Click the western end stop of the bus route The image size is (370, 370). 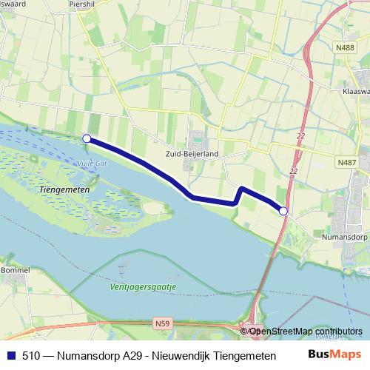point(87,138)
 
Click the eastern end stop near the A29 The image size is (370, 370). point(283,212)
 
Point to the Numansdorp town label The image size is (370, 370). point(346,239)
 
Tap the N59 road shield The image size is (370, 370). point(163,323)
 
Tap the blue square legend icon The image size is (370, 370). point(12,356)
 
